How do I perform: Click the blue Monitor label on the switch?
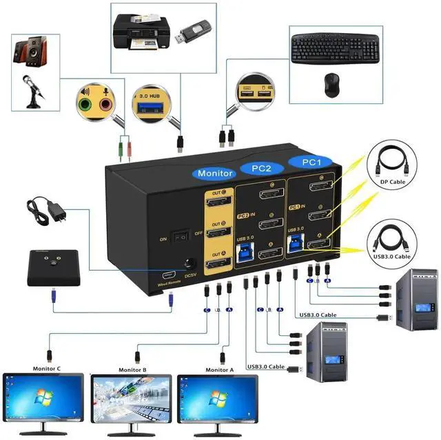pyautogui.click(x=214, y=174)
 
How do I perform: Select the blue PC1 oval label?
pyautogui.click(x=312, y=161)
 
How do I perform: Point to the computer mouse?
pyautogui.click(x=331, y=83)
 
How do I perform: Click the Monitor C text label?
pyautogui.click(x=48, y=369)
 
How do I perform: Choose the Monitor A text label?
pyautogui.click(x=220, y=370)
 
